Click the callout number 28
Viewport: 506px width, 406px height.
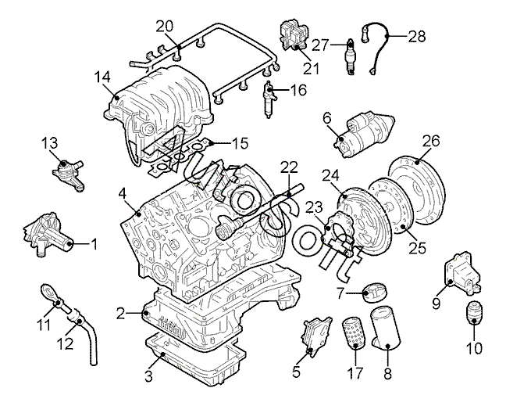[417, 37]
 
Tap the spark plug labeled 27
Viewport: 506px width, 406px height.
[350, 57]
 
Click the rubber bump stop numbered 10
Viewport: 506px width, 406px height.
[473, 313]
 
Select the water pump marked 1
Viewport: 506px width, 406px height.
[48, 235]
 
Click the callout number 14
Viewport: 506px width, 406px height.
[102, 77]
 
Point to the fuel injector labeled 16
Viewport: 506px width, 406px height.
[269, 99]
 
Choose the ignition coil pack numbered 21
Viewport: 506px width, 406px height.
[293, 36]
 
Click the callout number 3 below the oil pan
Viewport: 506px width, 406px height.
[148, 376]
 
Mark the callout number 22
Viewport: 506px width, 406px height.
[289, 168]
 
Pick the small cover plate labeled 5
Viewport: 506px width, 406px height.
[316, 336]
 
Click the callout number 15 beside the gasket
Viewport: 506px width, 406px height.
[240, 143]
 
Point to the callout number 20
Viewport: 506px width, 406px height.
[164, 27]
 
